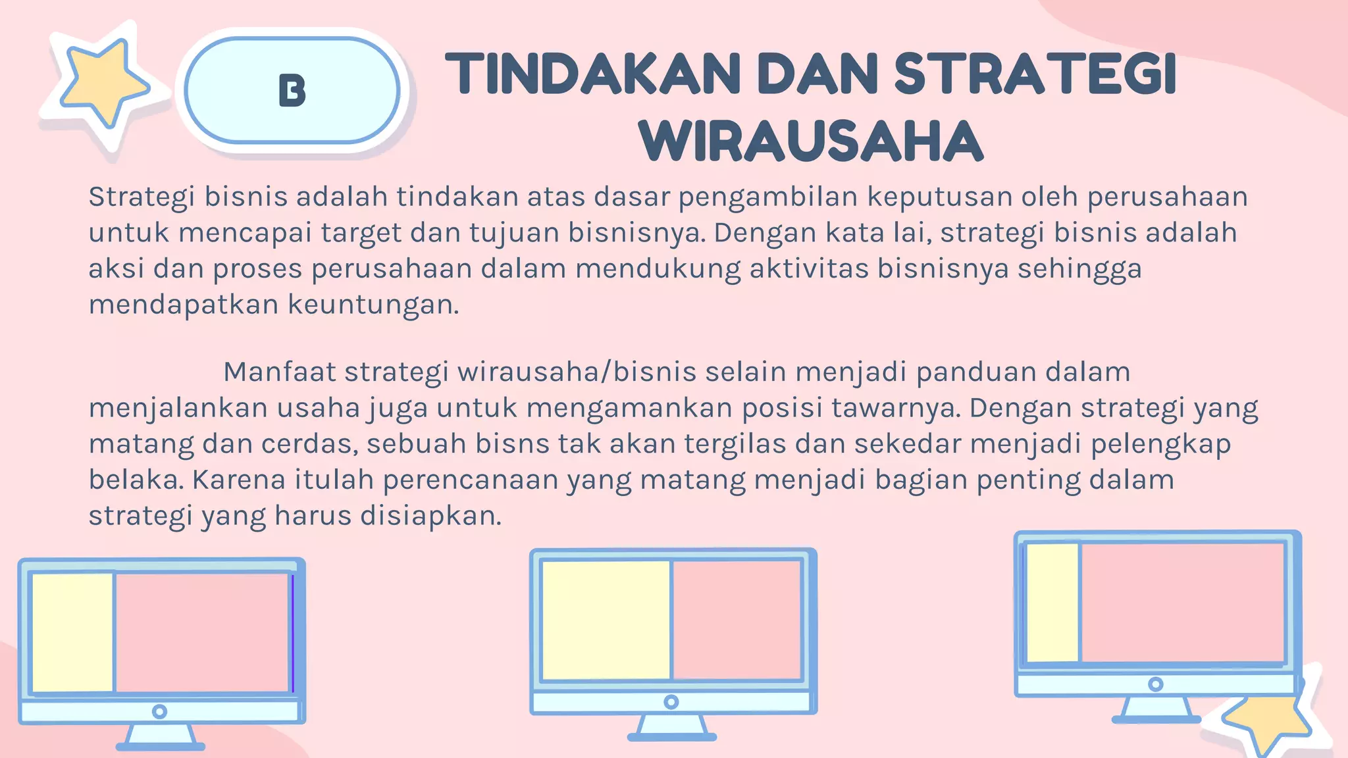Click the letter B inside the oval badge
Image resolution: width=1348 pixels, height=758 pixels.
click(292, 90)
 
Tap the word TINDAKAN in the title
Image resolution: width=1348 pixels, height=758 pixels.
click(592, 74)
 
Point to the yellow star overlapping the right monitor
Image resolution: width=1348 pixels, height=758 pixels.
click(1267, 720)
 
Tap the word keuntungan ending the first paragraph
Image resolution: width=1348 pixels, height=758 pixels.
click(373, 305)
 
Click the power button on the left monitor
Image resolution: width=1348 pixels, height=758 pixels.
click(159, 711)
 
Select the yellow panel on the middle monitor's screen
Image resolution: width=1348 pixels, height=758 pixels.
click(605, 619)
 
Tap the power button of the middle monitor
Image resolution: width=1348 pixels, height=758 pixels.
click(671, 702)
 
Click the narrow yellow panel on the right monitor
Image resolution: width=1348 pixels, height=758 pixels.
click(1052, 602)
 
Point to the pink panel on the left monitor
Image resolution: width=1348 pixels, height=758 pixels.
click(202, 632)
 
